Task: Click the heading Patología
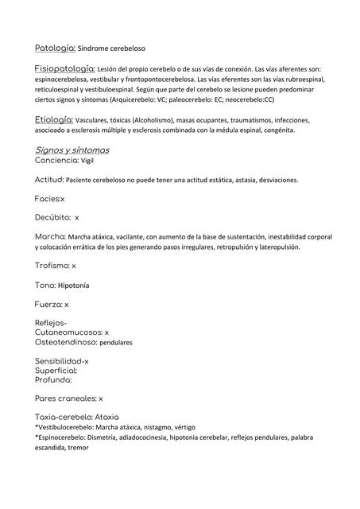click(x=55, y=49)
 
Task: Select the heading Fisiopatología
click(x=65, y=68)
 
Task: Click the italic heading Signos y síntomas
click(x=72, y=149)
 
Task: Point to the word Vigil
click(x=87, y=160)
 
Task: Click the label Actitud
click(x=49, y=180)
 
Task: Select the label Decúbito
click(x=52, y=216)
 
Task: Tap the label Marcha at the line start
click(x=50, y=236)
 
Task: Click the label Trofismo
click(x=52, y=266)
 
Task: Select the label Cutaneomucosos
click(x=68, y=332)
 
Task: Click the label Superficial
click(x=56, y=370)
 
